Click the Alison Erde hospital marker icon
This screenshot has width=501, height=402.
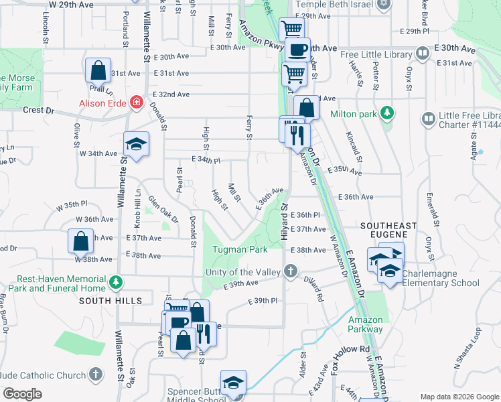tap(137, 103)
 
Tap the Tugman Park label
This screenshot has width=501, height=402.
tap(240, 249)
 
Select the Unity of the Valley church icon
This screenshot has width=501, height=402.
tap(290, 271)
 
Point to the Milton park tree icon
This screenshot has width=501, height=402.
tap(386, 113)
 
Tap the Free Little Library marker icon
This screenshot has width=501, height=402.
tap(422, 53)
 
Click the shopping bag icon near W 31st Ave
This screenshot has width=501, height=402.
tap(98, 70)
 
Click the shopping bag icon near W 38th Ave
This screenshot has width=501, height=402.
tap(80, 241)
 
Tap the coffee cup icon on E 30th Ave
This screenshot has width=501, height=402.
tap(297, 49)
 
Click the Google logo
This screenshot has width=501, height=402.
tap(21, 394)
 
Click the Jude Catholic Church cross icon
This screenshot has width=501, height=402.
tap(96, 373)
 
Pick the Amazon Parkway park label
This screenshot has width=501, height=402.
tap(365, 324)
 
